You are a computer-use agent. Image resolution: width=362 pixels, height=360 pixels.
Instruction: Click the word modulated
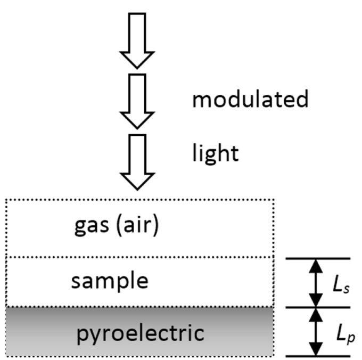point(250,100)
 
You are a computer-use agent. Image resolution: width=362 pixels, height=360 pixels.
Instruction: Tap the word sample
point(110,281)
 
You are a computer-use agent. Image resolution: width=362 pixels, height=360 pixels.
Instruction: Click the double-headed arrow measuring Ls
point(316,283)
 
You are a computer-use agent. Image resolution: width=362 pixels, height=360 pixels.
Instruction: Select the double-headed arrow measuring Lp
point(316,332)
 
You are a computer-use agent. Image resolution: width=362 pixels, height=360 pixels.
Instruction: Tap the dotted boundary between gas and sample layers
point(139,257)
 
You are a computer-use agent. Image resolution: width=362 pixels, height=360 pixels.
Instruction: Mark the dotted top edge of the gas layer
point(139,200)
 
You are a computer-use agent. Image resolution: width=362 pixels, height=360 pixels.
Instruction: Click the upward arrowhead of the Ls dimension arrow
point(316,265)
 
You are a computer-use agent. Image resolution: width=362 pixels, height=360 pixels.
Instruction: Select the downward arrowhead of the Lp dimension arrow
point(316,350)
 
